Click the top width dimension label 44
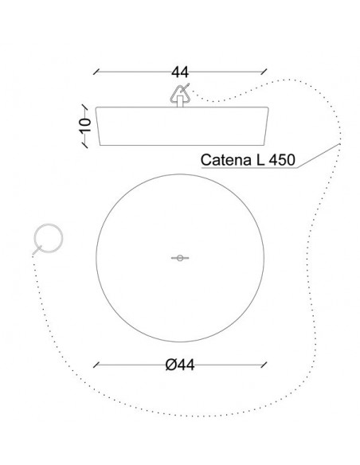(180, 72)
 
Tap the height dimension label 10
(85, 125)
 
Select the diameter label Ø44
(180, 365)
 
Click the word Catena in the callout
(226, 160)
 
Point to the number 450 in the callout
(282, 160)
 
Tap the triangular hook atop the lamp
(180, 94)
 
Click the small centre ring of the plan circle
(180, 258)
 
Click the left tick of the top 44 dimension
(96, 72)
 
